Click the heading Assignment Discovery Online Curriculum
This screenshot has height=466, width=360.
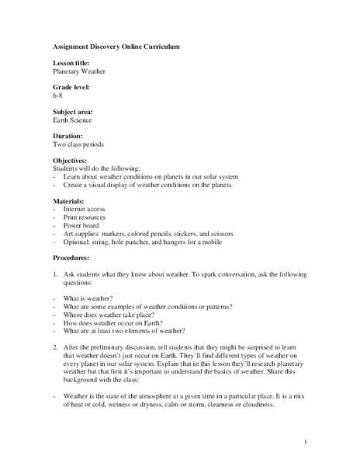(x=116, y=47)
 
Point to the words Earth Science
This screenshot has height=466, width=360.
(x=72, y=120)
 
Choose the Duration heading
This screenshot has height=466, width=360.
(x=67, y=136)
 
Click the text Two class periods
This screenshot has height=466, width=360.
(x=79, y=144)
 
